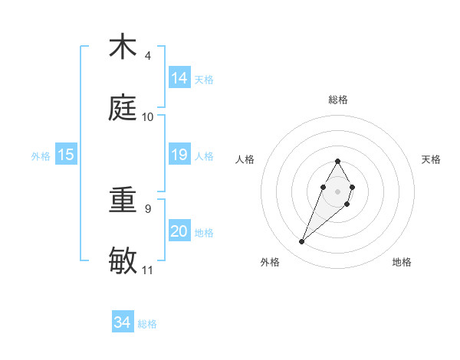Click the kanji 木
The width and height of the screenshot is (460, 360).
coord(123,47)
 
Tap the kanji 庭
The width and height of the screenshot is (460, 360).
coord(123,107)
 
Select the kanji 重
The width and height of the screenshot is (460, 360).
coord(123,200)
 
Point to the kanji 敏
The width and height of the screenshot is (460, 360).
coord(123,260)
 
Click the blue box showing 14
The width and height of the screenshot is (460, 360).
coord(179,78)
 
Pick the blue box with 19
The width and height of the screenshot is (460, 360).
coord(179,155)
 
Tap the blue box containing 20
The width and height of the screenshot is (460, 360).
coord(179,231)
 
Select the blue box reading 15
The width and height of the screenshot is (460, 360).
coord(66,155)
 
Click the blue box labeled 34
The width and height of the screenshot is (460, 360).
coord(123,322)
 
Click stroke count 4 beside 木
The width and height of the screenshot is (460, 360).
coord(148,56)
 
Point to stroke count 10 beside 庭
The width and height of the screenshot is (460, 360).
coord(148,116)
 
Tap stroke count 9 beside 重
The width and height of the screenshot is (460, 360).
coord(148,208)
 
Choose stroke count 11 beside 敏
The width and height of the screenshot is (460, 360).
coord(148,270)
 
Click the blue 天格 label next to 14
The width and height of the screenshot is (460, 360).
coord(204,79)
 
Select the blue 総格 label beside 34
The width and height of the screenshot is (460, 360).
coord(147,324)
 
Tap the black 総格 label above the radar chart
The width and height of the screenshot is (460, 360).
coord(337,100)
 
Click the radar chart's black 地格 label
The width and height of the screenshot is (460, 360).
coord(402,263)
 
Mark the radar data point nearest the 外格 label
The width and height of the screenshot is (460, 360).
coord(302,242)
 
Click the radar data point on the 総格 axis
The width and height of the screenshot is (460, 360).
coord(337,161)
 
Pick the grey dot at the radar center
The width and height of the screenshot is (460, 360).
coord(337,190)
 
